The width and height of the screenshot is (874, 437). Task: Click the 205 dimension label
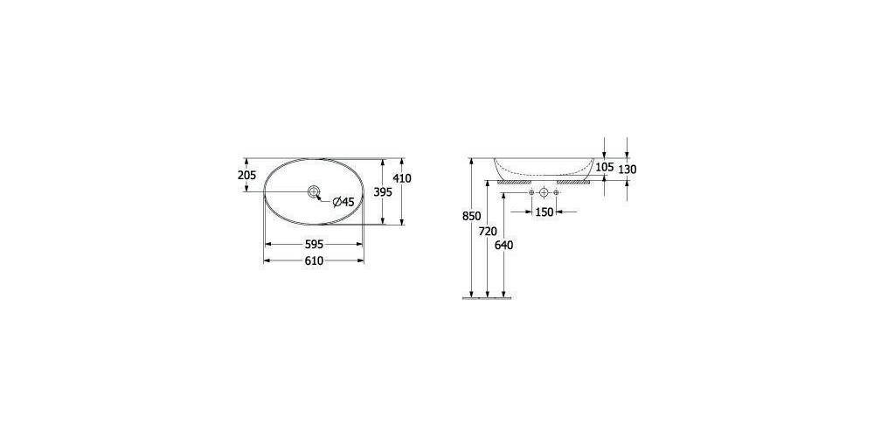click(246, 175)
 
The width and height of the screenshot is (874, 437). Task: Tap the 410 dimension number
click(402, 178)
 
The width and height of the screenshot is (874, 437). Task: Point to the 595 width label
click(314, 245)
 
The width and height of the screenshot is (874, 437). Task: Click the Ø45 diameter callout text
click(343, 202)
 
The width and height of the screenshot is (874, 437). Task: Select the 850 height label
click(473, 216)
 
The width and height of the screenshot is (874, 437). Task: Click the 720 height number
click(489, 231)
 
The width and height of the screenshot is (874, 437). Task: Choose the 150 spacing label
click(544, 212)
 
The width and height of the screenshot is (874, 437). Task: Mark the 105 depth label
click(605, 167)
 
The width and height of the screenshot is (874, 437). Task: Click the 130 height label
click(628, 169)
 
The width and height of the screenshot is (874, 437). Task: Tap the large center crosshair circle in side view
click(544, 192)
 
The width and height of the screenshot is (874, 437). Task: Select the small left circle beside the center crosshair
click(531, 192)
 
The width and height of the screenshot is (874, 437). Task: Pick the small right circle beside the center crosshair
click(556, 192)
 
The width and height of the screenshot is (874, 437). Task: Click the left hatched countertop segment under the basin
click(512, 182)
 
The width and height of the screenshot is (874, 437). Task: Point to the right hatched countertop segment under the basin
click(574, 182)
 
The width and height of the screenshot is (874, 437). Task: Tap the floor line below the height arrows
click(487, 298)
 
